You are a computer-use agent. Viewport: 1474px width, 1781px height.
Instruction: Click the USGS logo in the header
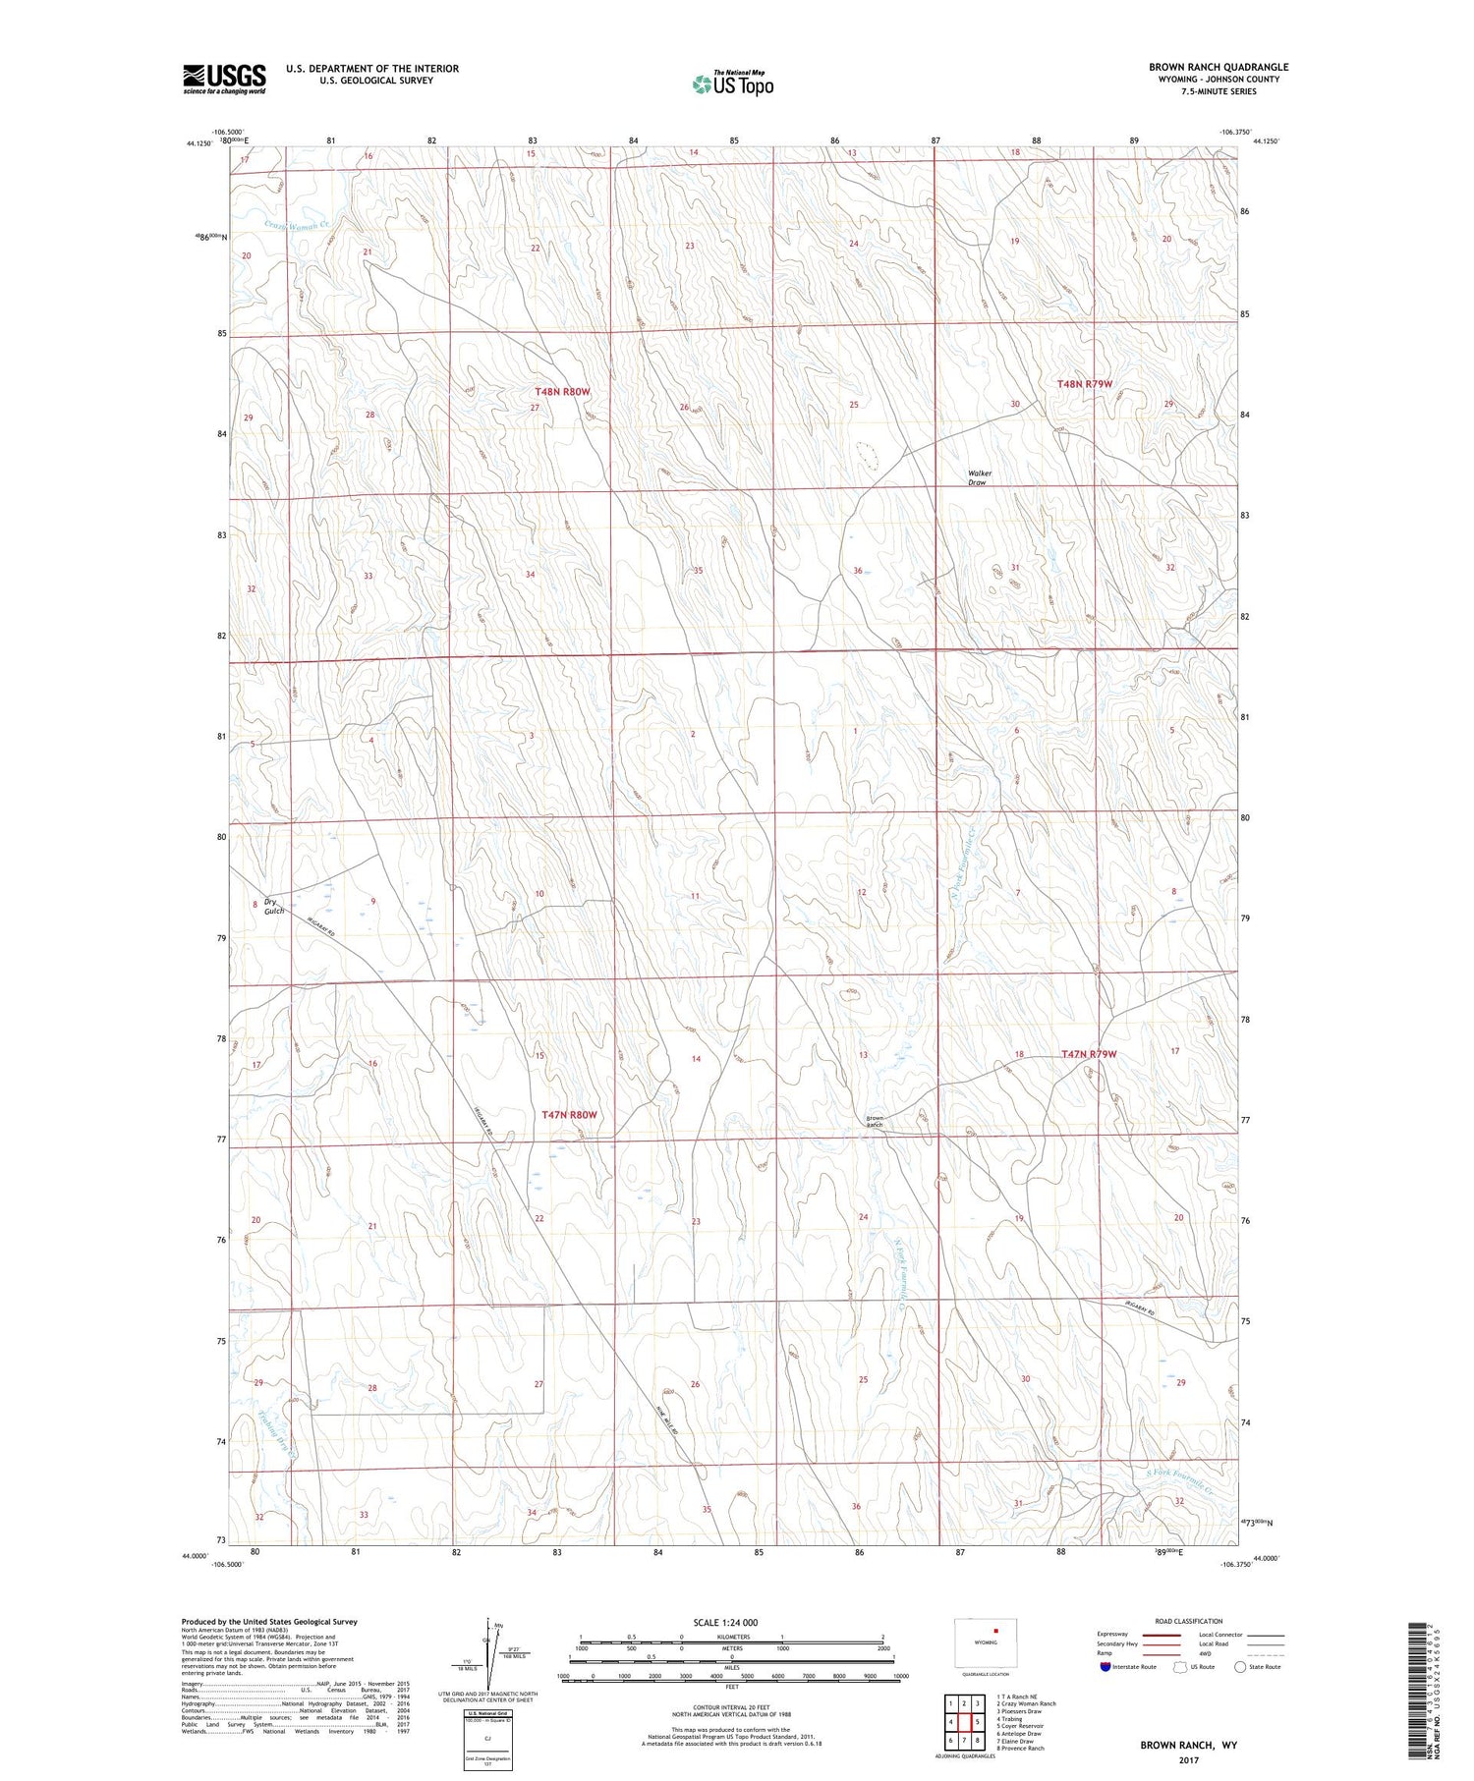click(x=224, y=79)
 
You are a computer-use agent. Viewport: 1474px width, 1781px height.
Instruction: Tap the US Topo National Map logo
click(x=732, y=83)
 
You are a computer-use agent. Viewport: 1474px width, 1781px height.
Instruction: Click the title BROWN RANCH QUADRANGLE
click(x=1219, y=67)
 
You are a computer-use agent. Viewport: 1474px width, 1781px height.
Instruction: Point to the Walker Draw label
click(x=980, y=477)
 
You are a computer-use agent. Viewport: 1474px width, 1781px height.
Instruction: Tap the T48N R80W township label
click(x=563, y=392)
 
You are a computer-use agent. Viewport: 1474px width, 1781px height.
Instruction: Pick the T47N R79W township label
click(x=1089, y=1054)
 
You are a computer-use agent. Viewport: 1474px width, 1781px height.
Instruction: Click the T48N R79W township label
click(x=1084, y=384)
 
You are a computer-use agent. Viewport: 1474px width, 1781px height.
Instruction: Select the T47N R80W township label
click(x=570, y=1115)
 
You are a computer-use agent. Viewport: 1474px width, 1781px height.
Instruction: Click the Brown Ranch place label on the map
click(x=876, y=1121)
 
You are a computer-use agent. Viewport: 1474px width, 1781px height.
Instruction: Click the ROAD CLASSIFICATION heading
click(x=1189, y=1621)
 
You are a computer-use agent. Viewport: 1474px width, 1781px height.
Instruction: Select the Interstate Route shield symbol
click(x=1105, y=1667)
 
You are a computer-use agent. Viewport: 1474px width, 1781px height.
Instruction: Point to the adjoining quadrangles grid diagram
click(x=964, y=1723)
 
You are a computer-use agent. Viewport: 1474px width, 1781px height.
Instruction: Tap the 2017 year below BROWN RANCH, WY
click(x=1188, y=1759)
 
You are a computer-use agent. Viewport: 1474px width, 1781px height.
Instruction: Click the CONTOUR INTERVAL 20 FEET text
click(x=731, y=1708)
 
